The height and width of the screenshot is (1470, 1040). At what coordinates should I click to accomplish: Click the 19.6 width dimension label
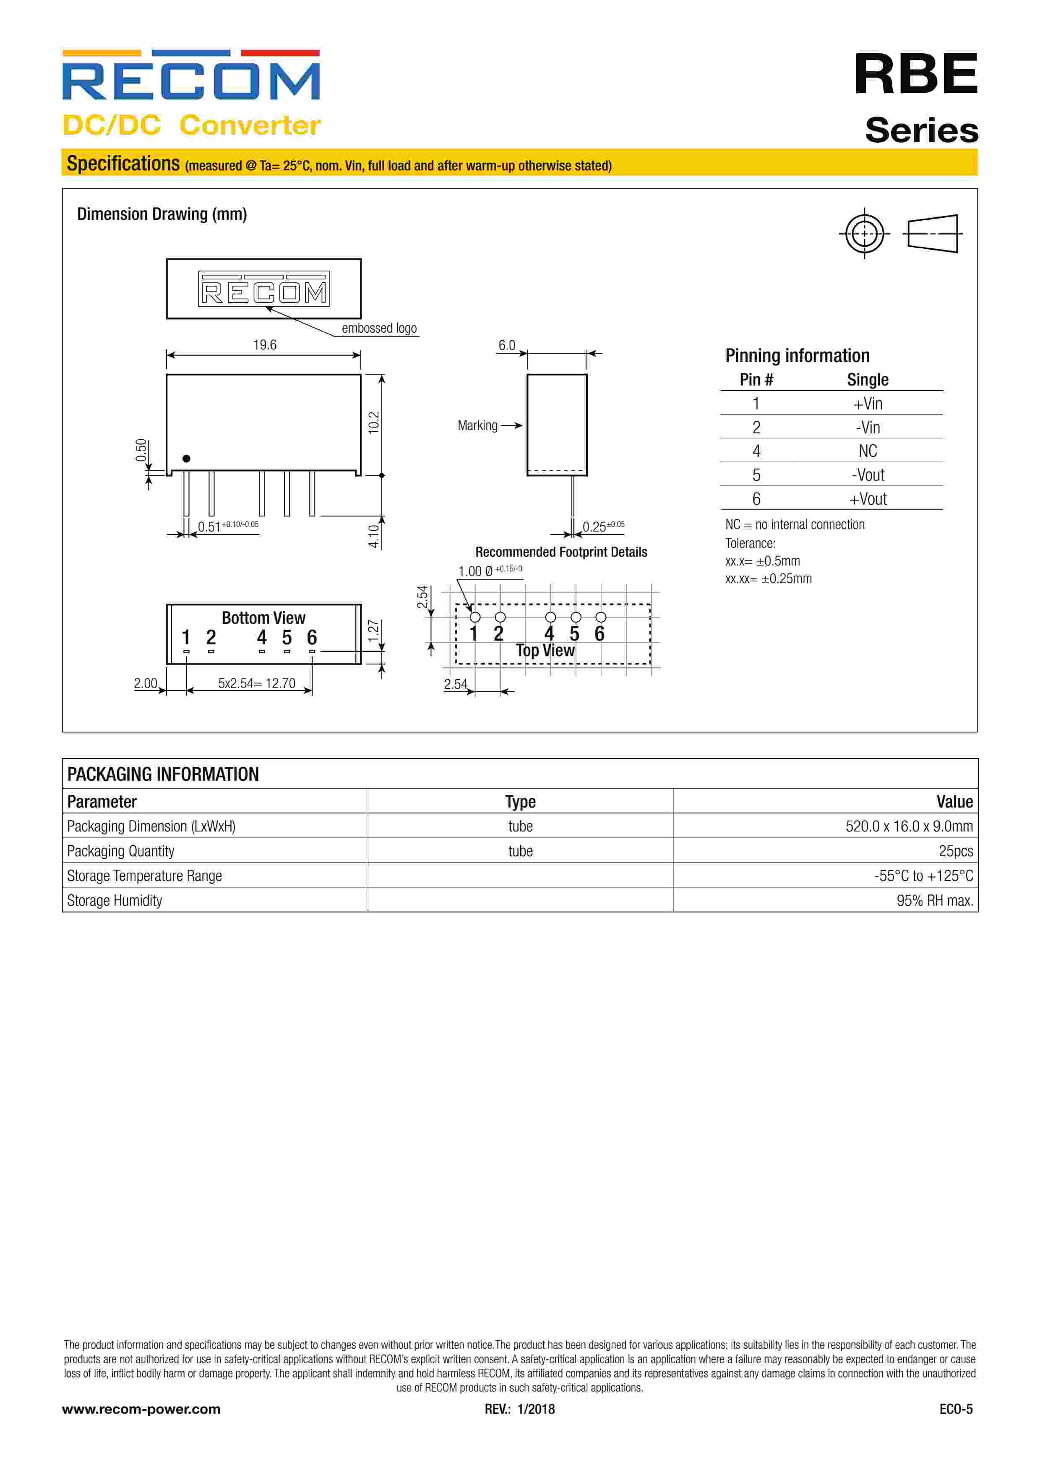click(x=264, y=345)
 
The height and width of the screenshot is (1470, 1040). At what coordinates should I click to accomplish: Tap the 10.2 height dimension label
click(x=374, y=422)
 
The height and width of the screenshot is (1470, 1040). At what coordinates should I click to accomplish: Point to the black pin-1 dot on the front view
click(x=186, y=459)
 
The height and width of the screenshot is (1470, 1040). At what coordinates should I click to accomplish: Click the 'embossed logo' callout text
click(x=379, y=328)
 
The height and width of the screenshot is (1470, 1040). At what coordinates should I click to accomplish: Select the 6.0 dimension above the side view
click(x=506, y=346)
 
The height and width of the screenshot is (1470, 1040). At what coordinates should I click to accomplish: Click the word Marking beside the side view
click(x=477, y=426)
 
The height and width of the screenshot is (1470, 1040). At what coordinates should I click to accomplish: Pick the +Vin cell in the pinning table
click(x=868, y=404)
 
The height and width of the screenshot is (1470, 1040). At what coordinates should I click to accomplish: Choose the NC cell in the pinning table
click(x=868, y=451)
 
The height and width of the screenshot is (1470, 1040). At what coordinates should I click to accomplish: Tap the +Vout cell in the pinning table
click(x=868, y=499)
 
